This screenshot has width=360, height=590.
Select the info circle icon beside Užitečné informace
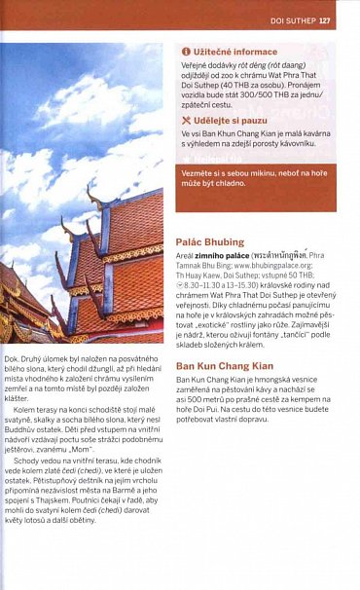pos(186,51)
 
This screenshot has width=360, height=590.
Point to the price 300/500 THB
pos(271,94)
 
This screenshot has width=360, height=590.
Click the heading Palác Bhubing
pos(209,240)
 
